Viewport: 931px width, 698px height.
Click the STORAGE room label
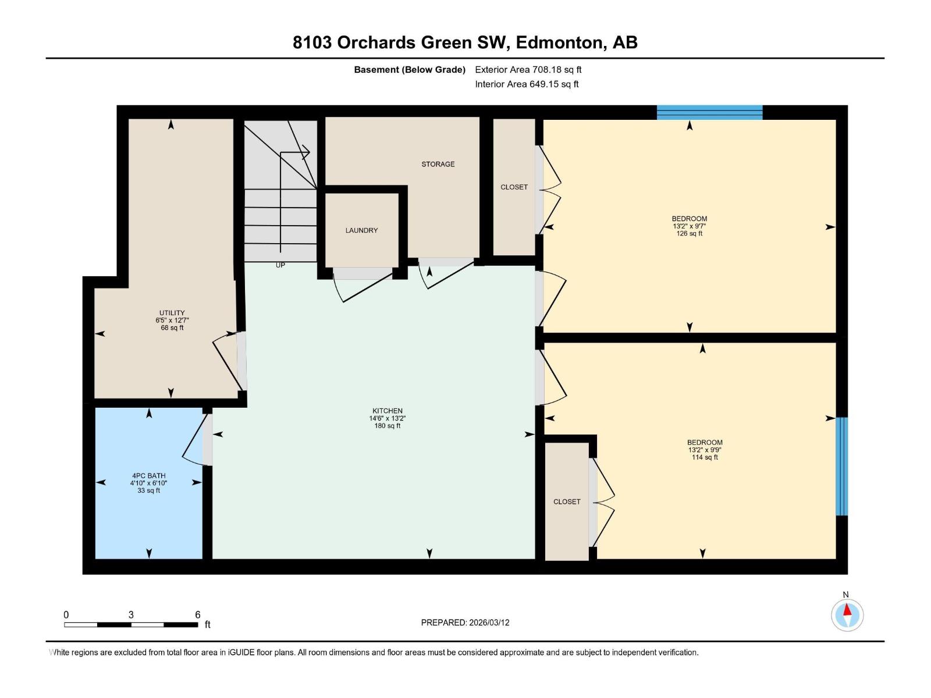[x=438, y=164]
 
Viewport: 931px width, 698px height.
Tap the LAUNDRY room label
[x=361, y=230]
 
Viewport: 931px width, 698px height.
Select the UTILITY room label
[x=172, y=313]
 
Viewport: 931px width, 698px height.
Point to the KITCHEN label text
[x=387, y=411]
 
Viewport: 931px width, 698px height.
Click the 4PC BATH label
[x=148, y=476]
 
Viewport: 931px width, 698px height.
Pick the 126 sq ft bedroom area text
[x=690, y=234]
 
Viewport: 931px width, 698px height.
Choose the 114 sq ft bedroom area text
[x=705, y=457]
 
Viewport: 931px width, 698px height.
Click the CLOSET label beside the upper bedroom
[x=514, y=187]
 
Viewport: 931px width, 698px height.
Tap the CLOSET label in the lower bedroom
[x=567, y=501]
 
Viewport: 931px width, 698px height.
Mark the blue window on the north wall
[x=709, y=112]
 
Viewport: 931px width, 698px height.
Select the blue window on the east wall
[x=841, y=466]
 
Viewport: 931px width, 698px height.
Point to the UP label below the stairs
[x=280, y=265]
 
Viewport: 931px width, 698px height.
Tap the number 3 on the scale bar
[x=131, y=615]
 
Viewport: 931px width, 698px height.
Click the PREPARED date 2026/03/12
[x=489, y=622]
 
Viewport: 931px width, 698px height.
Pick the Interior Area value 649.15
[x=543, y=84]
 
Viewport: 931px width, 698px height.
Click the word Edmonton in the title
[x=559, y=42]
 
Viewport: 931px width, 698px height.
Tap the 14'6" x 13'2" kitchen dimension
[x=387, y=418]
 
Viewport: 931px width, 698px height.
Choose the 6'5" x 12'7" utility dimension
[x=172, y=320]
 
